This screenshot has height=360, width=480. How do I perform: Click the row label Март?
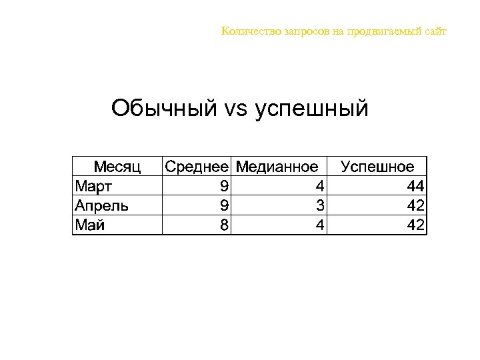pos(93,185)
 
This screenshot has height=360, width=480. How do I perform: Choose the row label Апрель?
pos(102,205)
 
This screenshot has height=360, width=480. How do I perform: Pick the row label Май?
pos(90,225)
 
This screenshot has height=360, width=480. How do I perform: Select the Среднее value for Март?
pos(225,185)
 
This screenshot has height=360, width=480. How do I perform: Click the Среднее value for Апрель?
pos(225,205)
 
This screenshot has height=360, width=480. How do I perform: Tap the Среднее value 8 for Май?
pos(225,225)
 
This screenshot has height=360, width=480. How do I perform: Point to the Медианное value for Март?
pos(320,185)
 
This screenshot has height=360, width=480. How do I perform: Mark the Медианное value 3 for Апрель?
pos(320,205)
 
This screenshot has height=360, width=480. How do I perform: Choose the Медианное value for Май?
pos(320,225)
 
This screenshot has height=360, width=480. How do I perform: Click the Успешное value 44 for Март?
pos(416,185)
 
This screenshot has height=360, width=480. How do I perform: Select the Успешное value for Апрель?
pos(416,205)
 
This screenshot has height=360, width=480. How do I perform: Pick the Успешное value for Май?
pos(416,225)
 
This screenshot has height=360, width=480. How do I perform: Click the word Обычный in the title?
pos(164,107)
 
